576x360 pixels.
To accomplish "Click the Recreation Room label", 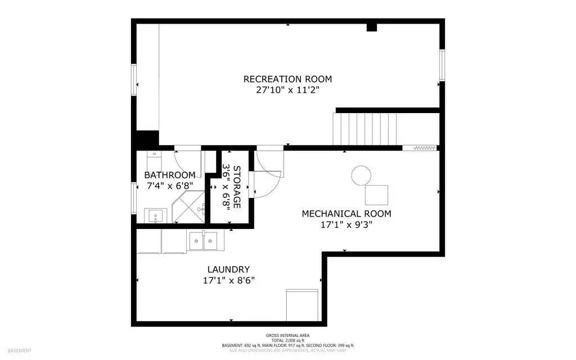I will pos(287,79).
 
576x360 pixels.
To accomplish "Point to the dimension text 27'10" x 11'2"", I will pos(287,90).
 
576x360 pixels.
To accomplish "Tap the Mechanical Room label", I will pos(346,214).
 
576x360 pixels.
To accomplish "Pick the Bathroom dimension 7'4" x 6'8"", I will pos(170,185).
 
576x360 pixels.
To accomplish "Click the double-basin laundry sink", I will pos(203,241).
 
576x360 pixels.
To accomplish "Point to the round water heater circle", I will pos(361,175).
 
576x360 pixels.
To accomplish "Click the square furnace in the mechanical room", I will pos(376,195).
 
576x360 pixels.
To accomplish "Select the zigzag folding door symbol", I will pos(425,148).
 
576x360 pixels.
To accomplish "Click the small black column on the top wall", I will pos(371,27).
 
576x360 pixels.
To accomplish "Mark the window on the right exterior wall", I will pos(442,65).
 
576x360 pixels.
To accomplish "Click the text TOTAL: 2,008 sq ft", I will pos(287,340).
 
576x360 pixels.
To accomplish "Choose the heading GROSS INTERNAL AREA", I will pos(287,335).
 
